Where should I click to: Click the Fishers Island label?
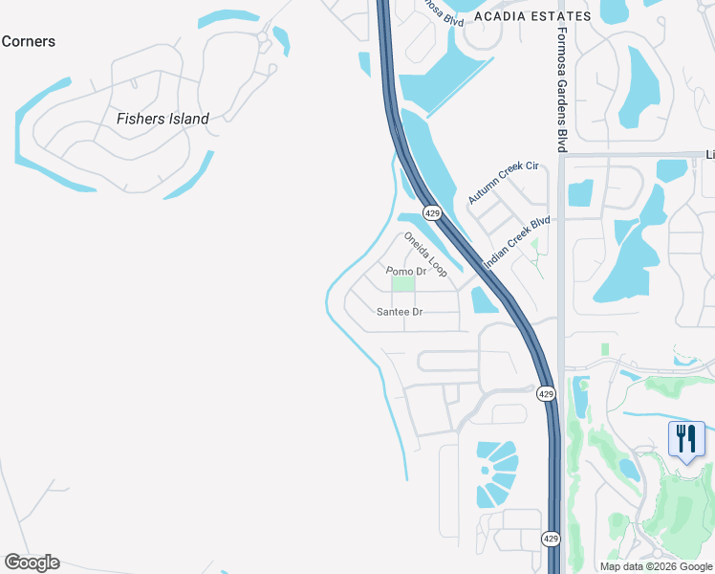tap(162, 119)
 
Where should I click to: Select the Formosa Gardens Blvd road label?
tap(563, 87)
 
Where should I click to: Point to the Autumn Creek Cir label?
tap(504, 182)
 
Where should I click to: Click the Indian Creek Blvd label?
tap(516, 242)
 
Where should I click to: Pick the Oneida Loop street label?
tap(425, 254)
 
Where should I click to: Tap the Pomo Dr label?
tap(405, 272)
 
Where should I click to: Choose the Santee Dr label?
tap(400, 312)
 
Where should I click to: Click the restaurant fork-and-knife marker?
tap(686, 439)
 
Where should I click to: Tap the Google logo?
tap(32, 563)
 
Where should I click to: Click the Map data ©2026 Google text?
tap(656, 566)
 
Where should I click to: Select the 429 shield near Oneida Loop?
tap(432, 213)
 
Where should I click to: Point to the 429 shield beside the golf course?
tap(546, 393)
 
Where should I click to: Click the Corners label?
tap(28, 41)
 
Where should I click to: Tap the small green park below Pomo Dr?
tap(404, 283)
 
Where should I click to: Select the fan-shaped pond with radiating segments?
tap(496, 474)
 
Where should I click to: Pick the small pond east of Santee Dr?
tap(484, 299)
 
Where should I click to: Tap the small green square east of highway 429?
tap(604, 349)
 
